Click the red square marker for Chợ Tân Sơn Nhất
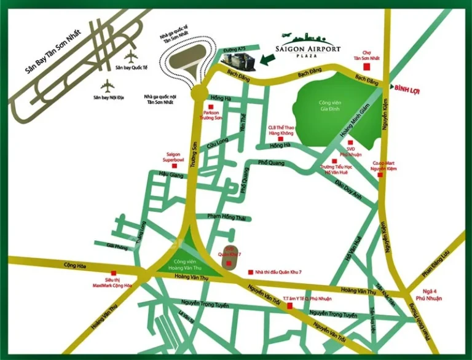coord(368,66)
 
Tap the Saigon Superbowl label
coord(174,157)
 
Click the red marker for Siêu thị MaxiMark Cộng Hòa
coord(112,274)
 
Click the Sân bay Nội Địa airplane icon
coord(108,84)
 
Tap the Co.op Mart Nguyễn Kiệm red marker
coord(380,175)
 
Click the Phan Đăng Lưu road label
coord(437,262)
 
